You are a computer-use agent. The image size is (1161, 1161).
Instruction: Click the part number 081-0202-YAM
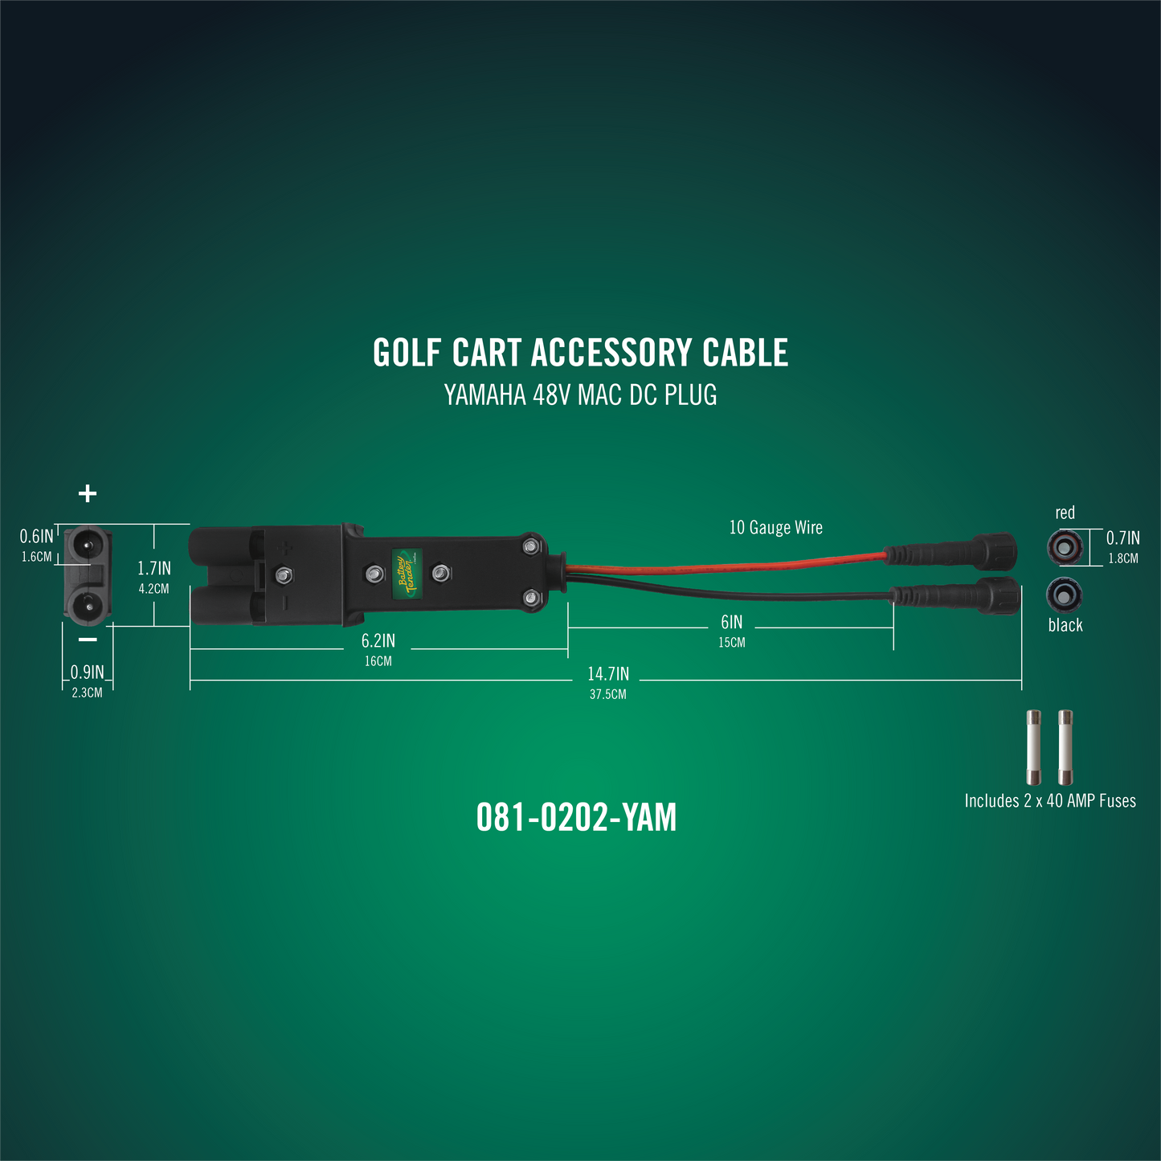tap(576, 818)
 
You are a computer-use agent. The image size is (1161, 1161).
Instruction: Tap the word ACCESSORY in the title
tap(611, 353)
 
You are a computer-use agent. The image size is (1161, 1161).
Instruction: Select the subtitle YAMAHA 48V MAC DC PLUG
tap(580, 395)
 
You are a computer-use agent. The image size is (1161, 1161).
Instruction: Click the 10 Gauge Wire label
tap(775, 527)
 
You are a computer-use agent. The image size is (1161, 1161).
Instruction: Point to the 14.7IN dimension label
tap(608, 673)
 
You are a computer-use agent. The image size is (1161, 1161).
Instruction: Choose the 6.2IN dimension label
tap(378, 640)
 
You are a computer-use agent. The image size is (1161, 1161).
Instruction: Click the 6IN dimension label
tap(731, 622)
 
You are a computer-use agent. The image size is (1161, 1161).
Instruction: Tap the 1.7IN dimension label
tap(154, 568)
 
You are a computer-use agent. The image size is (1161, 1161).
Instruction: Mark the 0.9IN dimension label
tap(88, 672)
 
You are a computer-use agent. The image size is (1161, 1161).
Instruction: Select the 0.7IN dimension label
tap(1123, 538)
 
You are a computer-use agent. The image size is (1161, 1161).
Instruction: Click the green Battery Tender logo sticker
tap(407, 574)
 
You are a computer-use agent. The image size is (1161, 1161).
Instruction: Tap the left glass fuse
tap(1033, 747)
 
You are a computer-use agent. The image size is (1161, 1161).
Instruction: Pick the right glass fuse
tap(1065, 747)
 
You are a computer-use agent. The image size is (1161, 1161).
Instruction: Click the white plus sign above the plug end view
tap(88, 493)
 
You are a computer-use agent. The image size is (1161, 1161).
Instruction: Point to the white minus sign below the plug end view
tap(88, 639)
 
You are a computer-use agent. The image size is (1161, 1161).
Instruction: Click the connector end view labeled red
tap(1065, 547)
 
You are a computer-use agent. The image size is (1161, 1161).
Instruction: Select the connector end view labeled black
tap(1065, 594)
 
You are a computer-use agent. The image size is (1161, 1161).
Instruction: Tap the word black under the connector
tap(1065, 625)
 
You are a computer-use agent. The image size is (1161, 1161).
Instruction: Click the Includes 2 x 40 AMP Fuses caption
tap(1050, 801)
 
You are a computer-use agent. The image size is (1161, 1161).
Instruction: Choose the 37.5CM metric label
tap(608, 694)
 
